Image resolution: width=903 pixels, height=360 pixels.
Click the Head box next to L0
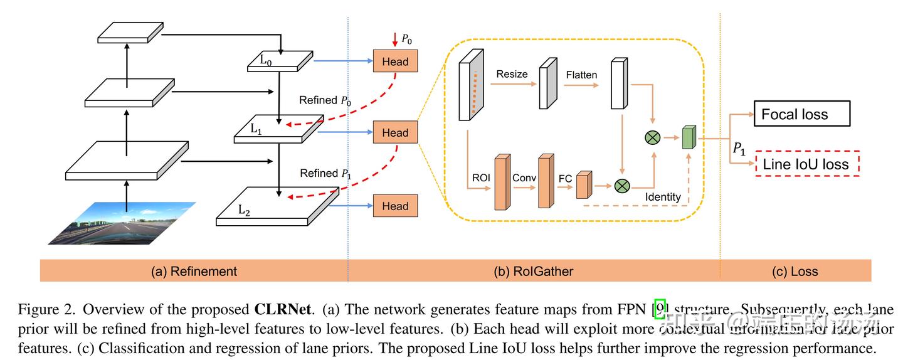click(x=395, y=61)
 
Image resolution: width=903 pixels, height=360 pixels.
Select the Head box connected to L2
click(x=395, y=206)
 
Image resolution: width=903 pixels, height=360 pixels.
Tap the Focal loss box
click(x=802, y=114)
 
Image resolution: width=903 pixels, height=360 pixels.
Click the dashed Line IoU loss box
click(x=807, y=164)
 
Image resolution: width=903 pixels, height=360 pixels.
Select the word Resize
click(x=512, y=74)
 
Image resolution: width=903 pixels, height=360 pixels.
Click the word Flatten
click(x=581, y=75)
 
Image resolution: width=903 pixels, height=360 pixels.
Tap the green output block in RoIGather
click(x=689, y=137)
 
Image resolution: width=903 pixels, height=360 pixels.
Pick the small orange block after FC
click(x=584, y=186)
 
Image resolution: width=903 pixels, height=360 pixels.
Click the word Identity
click(x=663, y=197)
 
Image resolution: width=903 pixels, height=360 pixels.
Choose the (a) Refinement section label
click(x=194, y=271)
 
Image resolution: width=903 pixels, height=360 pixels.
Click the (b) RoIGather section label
click(x=534, y=271)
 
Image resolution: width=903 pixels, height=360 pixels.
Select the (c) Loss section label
click(x=795, y=271)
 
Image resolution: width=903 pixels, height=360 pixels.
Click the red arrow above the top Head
click(x=394, y=41)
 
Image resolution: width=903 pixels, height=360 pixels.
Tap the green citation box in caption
click(x=660, y=309)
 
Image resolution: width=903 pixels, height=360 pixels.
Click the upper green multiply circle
click(x=652, y=137)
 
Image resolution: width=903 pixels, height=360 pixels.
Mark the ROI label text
click(x=482, y=178)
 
